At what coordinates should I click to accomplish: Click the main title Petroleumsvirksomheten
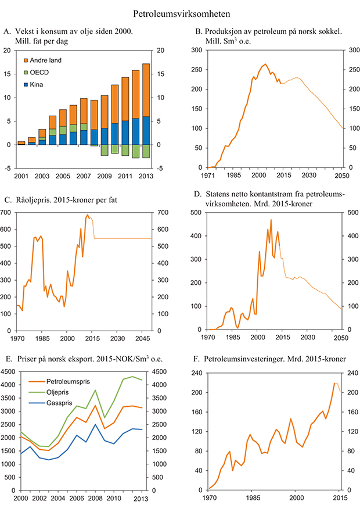coord(179,12)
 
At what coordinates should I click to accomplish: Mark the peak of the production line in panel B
coord(265,64)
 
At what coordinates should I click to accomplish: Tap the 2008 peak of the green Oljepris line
coord(96,390)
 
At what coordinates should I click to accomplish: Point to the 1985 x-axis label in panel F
coord(252,499)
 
